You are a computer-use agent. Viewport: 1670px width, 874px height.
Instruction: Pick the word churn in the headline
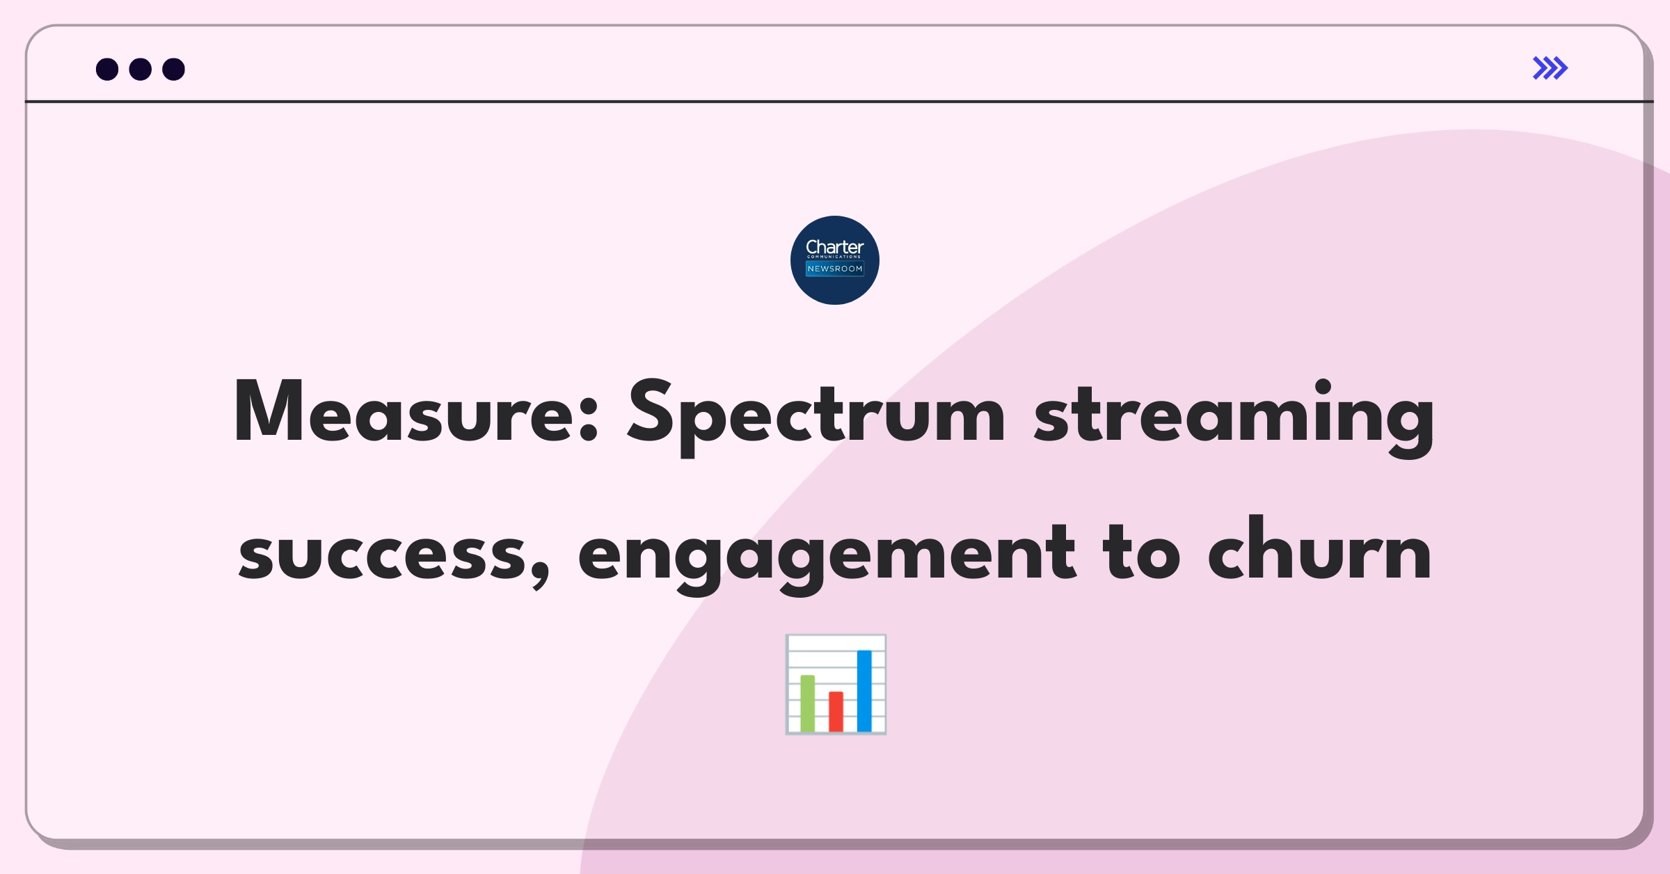pyautogui.click(x=1319, y=548)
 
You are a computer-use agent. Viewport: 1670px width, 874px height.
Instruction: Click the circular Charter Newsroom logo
pyautogui.click(x=835, y=260)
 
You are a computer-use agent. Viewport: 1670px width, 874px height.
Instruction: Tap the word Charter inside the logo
pyautogui.click(x=835, y=247)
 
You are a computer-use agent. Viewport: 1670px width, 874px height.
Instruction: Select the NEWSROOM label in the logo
pyautogui.click(x=835, y=269)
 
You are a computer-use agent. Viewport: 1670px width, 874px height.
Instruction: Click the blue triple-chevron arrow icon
pyautogui.click(x=1550, y=68)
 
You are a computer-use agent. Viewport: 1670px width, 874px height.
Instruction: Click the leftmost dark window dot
pyautogui.click(x=107, y=69)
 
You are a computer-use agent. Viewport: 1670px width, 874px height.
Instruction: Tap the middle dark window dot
pyautogui.click(x=141, y=69)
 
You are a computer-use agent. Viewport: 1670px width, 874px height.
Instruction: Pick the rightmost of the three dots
pyautogui.click(x=174, y=69)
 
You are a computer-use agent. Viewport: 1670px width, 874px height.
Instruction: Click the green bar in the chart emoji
pyautogui.click(x=808, y=703)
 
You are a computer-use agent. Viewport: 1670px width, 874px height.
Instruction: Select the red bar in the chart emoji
pyautogui.click(x=836, y=711)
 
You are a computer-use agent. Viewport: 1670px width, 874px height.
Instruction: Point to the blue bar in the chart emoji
pyautogui.click(x=864, y=691)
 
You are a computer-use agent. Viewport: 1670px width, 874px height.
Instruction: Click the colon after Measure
pyautogui.click(x=589, y=418)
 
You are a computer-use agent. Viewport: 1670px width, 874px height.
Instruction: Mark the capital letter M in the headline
pyautogui.click(x=269, y=411)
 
